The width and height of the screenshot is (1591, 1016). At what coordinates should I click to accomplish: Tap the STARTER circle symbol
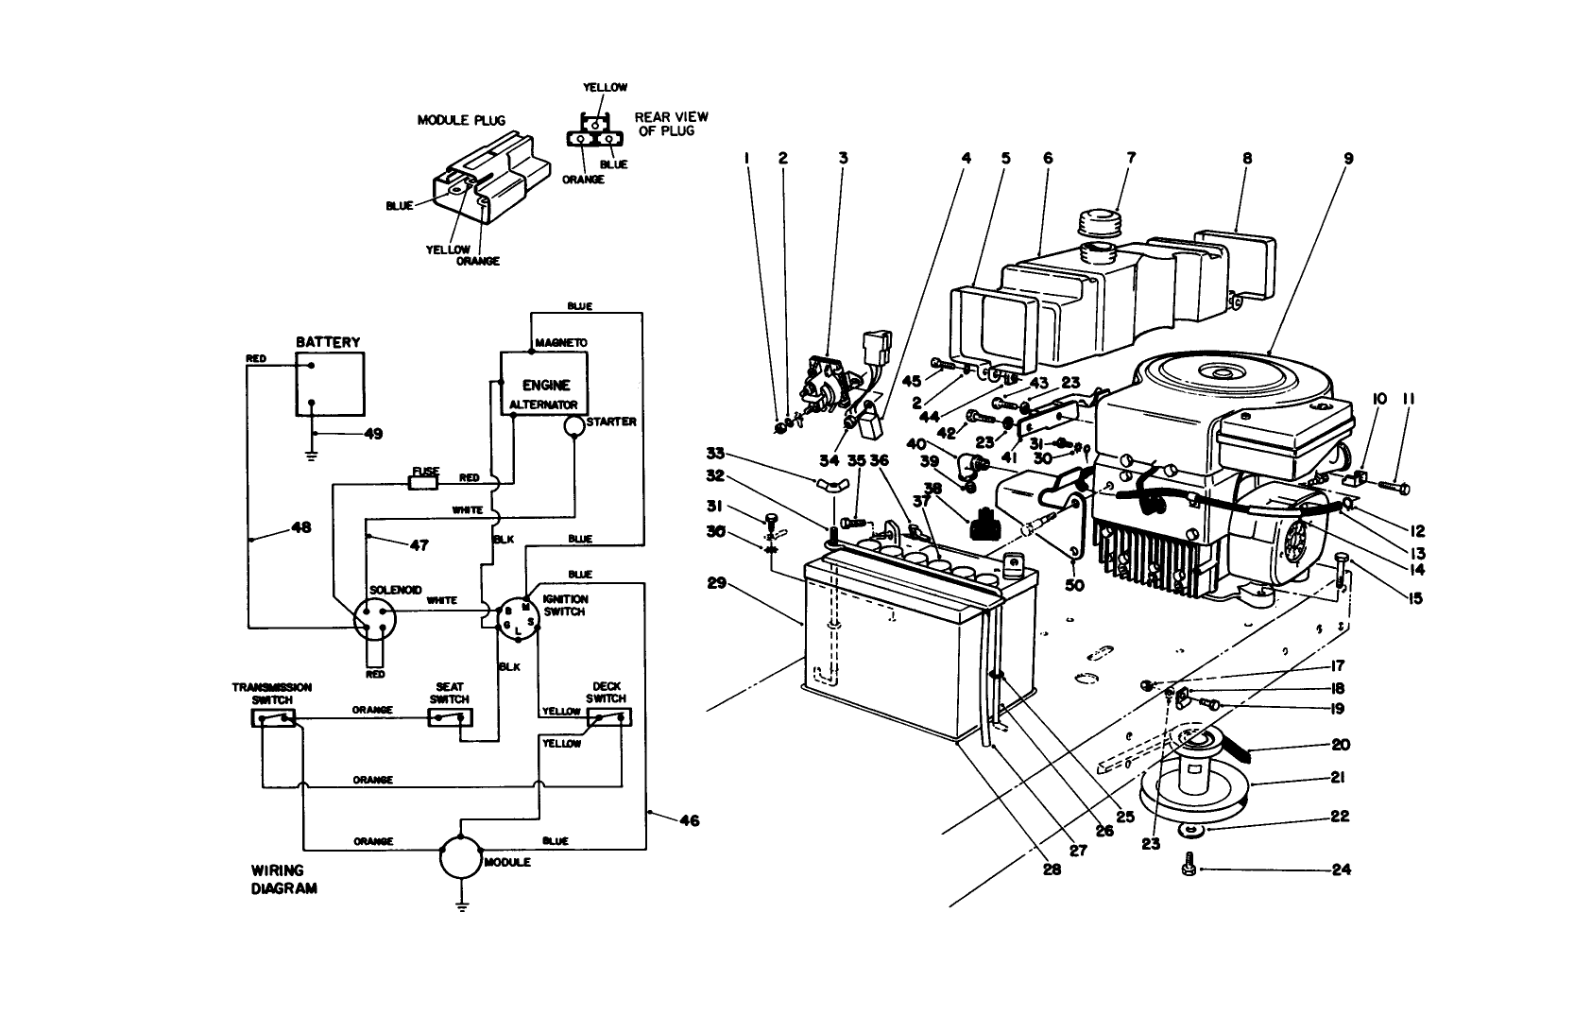pos(574,427)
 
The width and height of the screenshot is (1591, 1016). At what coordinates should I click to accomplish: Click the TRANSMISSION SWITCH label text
pos(272,694)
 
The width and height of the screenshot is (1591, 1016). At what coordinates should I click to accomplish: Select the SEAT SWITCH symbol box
pos(449,718)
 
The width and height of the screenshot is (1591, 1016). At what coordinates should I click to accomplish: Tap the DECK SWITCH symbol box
pos(608,718)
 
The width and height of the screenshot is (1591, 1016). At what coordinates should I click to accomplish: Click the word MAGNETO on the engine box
pos(560,342)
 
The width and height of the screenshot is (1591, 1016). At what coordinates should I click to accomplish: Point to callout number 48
pos(300,528)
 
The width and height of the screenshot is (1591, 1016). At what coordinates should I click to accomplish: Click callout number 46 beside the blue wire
pos(690,820)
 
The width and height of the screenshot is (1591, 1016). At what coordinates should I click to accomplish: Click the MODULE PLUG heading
pos(461,120)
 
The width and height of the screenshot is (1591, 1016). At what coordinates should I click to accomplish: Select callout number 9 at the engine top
pos(1348,159)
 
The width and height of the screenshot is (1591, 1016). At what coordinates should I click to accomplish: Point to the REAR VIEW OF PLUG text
pos(671,124)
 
